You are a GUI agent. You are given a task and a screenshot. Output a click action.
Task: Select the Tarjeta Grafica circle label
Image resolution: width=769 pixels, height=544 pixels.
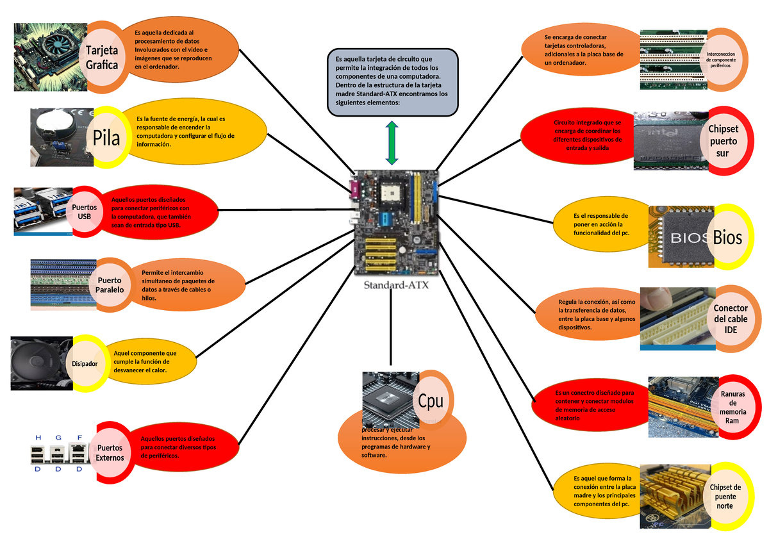coord(102,57)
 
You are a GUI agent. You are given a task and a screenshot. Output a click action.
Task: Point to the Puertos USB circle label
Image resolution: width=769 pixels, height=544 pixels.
coord(85,212)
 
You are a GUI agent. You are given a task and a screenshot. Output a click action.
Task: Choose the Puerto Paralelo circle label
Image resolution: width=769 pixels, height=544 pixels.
coord(110,284)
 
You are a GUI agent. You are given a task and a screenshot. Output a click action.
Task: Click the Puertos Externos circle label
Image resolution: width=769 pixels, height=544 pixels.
coord(110,452)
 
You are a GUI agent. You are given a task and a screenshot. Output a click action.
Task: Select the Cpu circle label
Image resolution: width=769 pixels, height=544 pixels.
coord(431,400)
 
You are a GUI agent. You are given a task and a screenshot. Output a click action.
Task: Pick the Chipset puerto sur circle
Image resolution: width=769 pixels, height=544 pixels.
coord(723,141)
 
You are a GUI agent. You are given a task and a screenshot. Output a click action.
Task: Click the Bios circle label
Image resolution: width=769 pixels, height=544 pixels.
coord(727,238)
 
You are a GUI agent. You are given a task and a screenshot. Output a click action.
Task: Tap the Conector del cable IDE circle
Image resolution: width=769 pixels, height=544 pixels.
coord(731,318)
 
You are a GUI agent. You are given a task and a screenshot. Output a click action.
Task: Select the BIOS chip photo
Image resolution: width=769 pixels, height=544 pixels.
coord(681,237)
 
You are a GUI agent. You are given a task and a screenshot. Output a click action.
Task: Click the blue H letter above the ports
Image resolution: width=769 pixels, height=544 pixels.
coord(38,437)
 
